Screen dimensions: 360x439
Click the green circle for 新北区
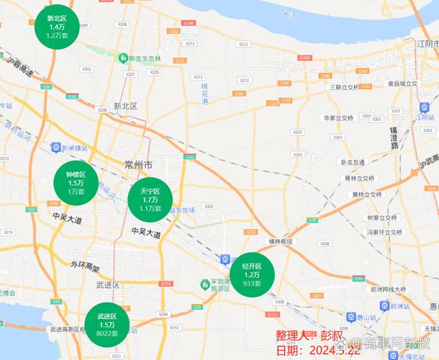pos(56,26)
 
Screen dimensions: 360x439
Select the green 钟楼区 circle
pos(76,183)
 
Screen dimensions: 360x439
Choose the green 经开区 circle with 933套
pos(251,274)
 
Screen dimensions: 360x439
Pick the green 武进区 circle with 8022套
pos(107,325)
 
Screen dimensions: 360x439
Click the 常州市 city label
pos(137,166)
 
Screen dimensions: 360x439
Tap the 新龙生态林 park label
pos(144,58)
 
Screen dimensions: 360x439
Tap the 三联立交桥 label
pos(342,87)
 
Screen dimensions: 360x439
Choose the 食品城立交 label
pos(402,84)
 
